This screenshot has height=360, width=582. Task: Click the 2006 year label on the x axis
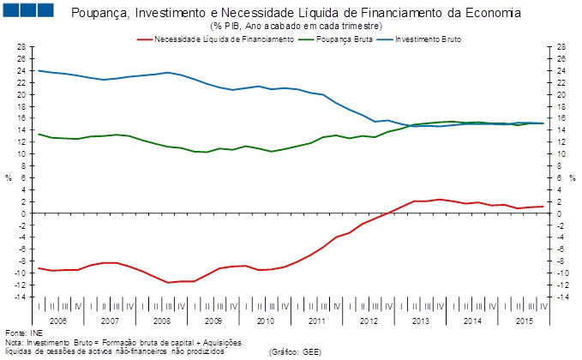coord(58,321)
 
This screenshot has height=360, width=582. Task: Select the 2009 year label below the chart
coord(214,321)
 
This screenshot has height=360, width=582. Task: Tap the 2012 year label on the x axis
coord(369,321)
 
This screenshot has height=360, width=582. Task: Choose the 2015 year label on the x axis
coord(525,321)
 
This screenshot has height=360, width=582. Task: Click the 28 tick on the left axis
coord(21,47)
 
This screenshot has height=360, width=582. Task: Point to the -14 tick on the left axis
coord(20,297)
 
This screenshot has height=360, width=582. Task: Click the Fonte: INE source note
coord(24,332)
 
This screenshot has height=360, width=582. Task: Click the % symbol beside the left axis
coord(8,178)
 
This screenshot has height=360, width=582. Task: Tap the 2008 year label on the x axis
coord(162,321)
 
